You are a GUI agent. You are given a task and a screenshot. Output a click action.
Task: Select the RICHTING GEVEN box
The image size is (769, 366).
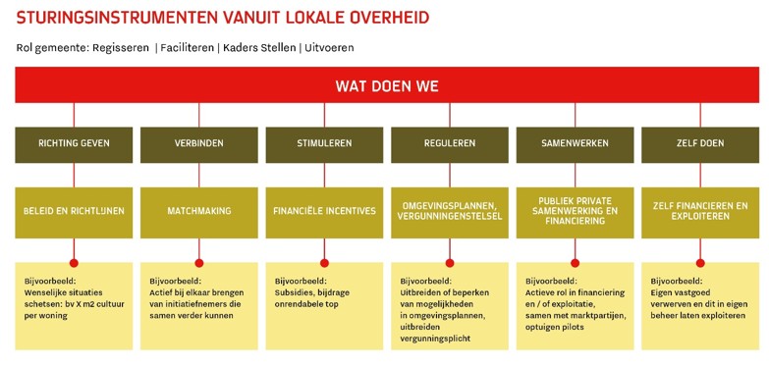click(x=74, y=143)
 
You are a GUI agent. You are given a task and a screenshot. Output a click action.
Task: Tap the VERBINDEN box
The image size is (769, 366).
click(x=199, y=143)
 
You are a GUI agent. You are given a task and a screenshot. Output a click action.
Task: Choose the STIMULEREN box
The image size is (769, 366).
click(x=324, y=143)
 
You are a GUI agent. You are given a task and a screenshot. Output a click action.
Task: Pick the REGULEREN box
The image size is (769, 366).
click(x=450, y=143)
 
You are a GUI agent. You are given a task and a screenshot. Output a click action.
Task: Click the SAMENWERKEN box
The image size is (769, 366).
click(x=575, y=143)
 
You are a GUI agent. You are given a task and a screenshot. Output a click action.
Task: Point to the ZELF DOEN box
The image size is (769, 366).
click(x=699, y=143)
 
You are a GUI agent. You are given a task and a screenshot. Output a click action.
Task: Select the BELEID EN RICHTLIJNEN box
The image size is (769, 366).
click(x=74, y=210)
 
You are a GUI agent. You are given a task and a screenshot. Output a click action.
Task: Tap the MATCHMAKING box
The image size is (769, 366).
click(x=199, y=210)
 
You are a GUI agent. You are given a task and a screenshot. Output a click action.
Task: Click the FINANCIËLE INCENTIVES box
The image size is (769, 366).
click(x=324, y=210)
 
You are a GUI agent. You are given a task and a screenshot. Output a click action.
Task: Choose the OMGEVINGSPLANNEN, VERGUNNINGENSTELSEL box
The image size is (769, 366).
click(x=450, y=210)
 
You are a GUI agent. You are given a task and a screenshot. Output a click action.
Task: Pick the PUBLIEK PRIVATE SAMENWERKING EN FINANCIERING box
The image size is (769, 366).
click(x=575, y=210)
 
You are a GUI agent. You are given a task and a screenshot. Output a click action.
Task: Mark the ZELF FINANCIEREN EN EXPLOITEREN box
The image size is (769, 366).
click(x=699, y=210)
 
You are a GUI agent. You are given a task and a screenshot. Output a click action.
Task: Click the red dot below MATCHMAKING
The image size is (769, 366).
click(x=199, y=262)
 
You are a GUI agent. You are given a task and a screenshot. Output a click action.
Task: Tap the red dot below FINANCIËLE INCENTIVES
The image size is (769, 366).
click(x=324, y=262)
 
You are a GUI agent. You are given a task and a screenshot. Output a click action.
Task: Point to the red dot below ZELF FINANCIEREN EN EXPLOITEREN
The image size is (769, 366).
click(x=700, y=262)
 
